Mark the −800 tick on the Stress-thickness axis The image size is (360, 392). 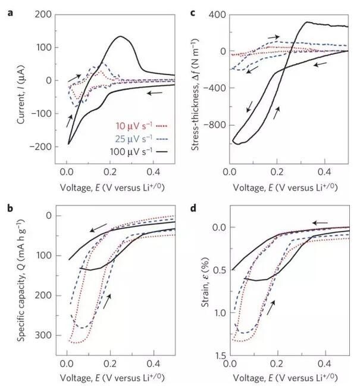212,126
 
